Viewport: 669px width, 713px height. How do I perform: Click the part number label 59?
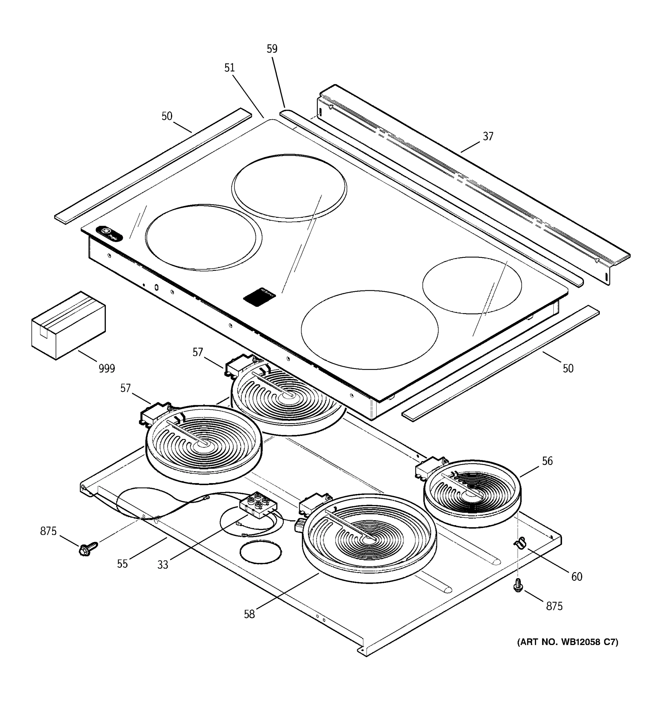click(272, 49)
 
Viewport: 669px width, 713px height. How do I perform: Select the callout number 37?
click(488, 136)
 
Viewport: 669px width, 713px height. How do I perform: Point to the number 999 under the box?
click(107, 368)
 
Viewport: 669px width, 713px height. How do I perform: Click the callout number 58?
click(249, 614)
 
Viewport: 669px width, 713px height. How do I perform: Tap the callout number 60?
click(577, 577)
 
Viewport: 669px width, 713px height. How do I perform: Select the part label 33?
click(163, 565)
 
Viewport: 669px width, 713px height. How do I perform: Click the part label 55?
click(123, 564)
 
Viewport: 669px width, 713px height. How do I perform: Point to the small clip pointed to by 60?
click(519, 543)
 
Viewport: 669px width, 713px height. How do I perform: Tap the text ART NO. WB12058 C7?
click(567, 642)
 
